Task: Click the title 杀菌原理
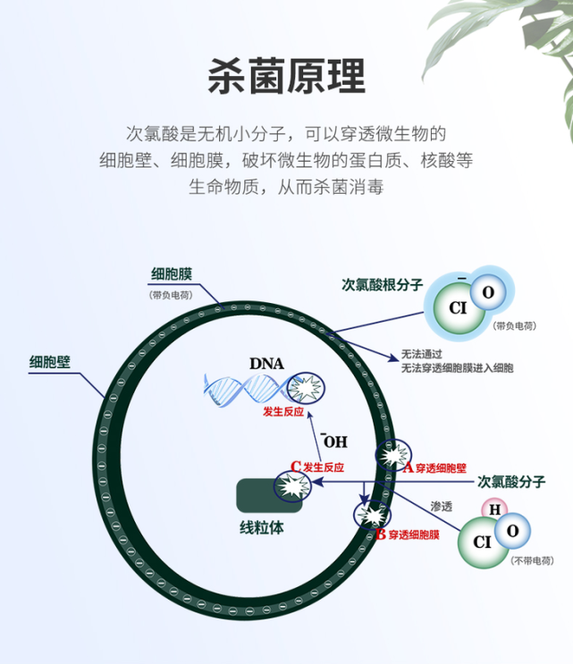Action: (x=286, y=75)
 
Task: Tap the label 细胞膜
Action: (x=173, y=273)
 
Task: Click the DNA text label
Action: (x=266, y=364)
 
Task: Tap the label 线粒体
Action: (x=262, y=527)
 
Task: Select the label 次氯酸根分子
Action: (x=383, y=284)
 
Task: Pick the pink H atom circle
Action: (x=492, y=510)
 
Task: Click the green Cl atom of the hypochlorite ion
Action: (x=459, y=308)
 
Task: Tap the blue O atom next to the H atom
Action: (x=512, y=531)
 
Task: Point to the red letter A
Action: (x=409, y=466)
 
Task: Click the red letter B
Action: (x=381, y=534)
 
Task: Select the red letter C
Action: (x=296, y=466)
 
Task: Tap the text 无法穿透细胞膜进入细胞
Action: (x=457, y=367)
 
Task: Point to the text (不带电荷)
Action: (x=532, y=560)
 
